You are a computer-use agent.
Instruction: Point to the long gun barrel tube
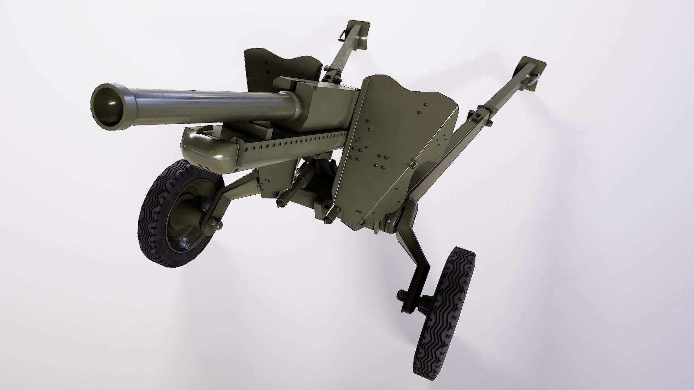202,103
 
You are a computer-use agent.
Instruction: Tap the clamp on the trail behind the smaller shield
331,72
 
